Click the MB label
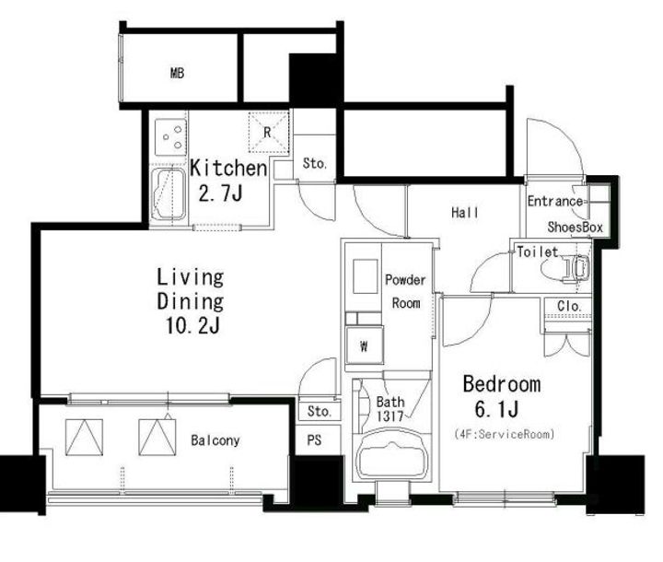(x=178, y=73)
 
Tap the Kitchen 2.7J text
(x=228, y=181)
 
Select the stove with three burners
(x=170, y=136)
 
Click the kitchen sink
(x=169, y=194)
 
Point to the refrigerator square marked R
(x=267, y=132)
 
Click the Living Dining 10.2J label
(x=191, y=301)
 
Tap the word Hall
(x=465, y=212)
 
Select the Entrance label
(x=554, y=201)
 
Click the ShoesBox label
(x=575, y=228)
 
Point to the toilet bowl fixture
(x=564, y=267)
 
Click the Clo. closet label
(x=569, y=306)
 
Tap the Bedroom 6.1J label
(x=502, y=396)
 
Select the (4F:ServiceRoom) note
(x=504, y=434)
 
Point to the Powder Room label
(x=405, y=291)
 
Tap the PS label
(x=314, y=440)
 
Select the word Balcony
(x=215, y=440)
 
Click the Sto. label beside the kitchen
(x=315, y=163)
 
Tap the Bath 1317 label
(x=390, y=409)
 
